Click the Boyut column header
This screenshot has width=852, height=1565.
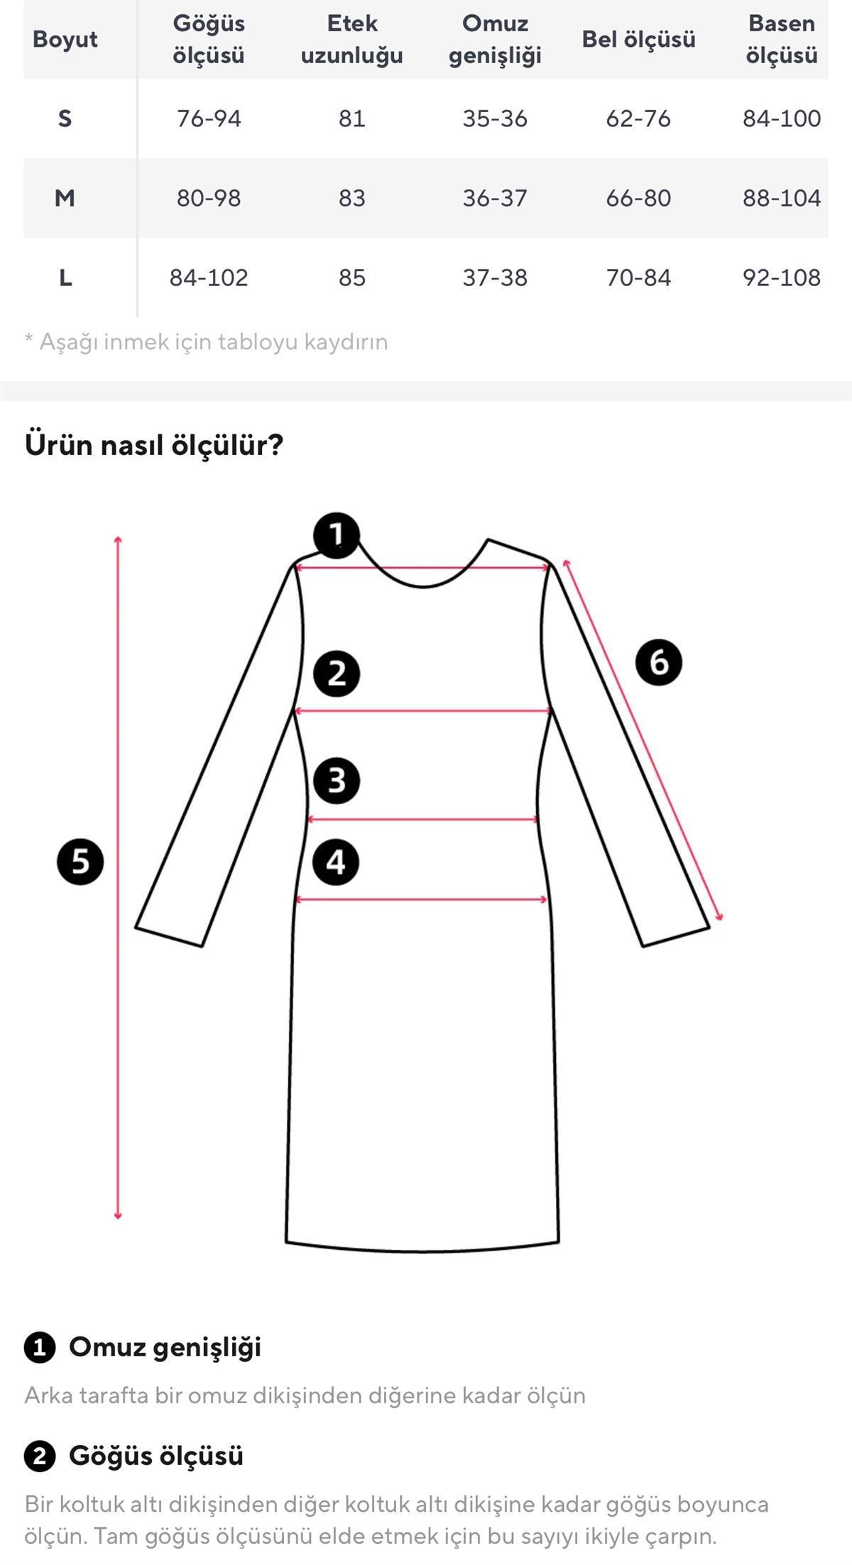click(65, 39)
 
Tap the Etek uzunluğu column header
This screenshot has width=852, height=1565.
click(351, 39)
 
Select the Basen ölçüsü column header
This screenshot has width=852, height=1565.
click(781, 39)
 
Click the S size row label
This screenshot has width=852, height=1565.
click(65, 119)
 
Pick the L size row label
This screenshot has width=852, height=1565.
click(65, 278)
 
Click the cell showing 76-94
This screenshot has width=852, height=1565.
click(209, 119)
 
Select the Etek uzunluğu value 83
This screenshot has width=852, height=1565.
click(351, 198)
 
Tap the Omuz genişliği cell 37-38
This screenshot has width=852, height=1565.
click(495, 278)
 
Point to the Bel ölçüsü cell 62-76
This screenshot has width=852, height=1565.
click(638, 119)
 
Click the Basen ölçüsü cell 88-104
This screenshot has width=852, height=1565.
click(781, 198)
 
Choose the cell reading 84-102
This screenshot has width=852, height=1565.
click(209, 278)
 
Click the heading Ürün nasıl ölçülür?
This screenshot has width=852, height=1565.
click(154, 445)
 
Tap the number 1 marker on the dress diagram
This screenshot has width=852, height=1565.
click(337, 535)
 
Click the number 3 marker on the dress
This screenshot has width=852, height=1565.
click(337, 781)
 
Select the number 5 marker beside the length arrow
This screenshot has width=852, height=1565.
click(80, 862)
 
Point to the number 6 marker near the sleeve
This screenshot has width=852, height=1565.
click(659, 662)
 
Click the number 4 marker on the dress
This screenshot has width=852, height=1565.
click(337, 862)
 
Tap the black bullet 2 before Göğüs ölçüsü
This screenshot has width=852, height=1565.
click(40, 1456)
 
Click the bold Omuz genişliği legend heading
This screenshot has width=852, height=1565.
click(165, 1347)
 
